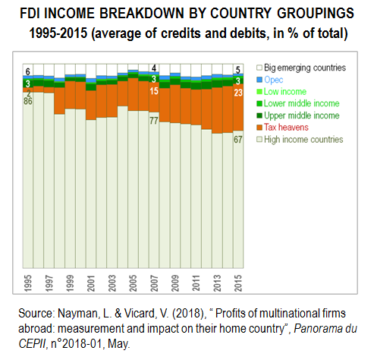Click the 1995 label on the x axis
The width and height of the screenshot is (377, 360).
28,283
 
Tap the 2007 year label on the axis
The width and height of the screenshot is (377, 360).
154,283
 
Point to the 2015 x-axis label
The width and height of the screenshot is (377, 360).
238,283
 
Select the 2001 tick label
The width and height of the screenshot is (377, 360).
91,283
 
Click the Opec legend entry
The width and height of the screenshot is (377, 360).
270,80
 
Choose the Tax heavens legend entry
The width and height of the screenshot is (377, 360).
282,128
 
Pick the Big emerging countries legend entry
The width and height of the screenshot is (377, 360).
301,68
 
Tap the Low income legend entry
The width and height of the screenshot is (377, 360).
281,91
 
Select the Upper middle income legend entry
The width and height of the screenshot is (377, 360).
298,115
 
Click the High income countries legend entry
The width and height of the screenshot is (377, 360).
300,140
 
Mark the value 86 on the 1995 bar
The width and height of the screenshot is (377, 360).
28,101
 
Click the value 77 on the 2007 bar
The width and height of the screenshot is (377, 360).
154,121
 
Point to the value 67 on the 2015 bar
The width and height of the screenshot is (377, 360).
238,140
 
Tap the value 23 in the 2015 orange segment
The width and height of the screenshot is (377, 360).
238,93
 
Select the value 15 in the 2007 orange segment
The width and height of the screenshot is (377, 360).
154,91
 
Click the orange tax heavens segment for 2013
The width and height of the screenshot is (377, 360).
217,110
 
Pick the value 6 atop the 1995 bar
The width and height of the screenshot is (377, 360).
28,72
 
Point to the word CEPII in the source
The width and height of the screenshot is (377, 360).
32,344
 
